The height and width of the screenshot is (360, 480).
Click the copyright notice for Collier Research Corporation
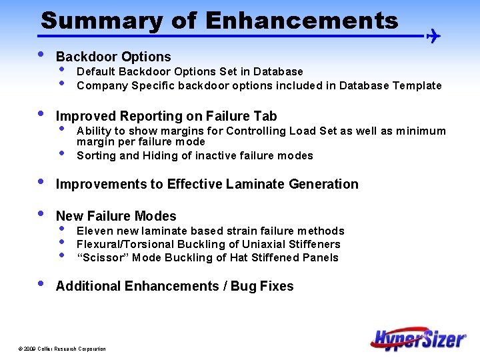[62, 349]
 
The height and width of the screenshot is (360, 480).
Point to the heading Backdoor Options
[113, 57]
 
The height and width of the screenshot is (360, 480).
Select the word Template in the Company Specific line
[417, 85]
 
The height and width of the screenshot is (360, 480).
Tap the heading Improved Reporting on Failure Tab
[166, 117]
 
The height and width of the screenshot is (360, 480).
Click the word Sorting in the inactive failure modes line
[97, 156]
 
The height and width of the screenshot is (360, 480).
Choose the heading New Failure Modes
[116, 216]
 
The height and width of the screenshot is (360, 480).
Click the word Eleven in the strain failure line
[95, 231]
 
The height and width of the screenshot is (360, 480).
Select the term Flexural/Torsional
[127, 245]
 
